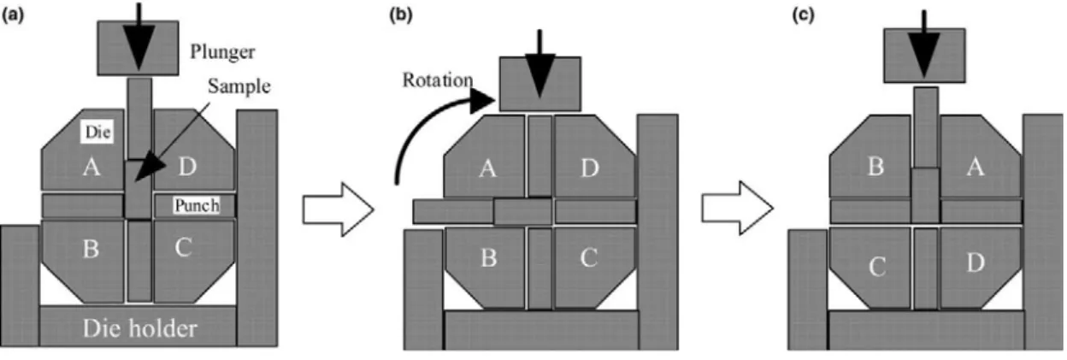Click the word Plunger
pyautogui.click(x=222, y=52)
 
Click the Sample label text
pyautogui.click(x=239, y=86)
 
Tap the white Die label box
pyautogui.click(x=98, y=132)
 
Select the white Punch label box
pyautogui.click(x=197, y=205)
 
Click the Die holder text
pyautogui.click(x=139, y=328)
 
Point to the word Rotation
pyautogui.click(x=438, y=80)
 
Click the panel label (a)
pyautogui.click(x=13, y=15)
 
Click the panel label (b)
pyautogui.click(x=401, y=15)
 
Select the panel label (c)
pyautogui.click(x=803, y=15)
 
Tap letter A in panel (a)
pyautogui.click(x=91, y=167)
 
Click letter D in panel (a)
pyautogui.click(x=187, y=166)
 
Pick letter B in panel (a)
pyautogui.click(x=91, y=248)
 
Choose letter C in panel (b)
pyautogui.click(x=589, y=257)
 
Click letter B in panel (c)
pyautogui.click(x=875, y=166)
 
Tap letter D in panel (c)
pyautogui.click(x=975, y=263)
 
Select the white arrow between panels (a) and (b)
pyautogui.click(x=339, y=210)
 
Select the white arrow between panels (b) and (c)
pyautogui.click(x=737, y=208)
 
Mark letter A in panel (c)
pyautogui.click(x=975, y=167)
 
